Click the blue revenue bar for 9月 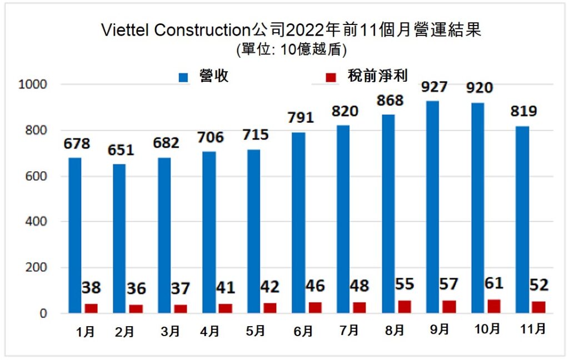click(432, 207)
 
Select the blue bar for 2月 click(119, 238)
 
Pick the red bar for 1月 click(91, 308)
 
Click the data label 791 click(301, 118)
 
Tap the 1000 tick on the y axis click(34, 84)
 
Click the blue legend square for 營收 click(184, 78)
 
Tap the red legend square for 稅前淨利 click(332, 78)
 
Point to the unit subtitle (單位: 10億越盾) click(291, 49)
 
